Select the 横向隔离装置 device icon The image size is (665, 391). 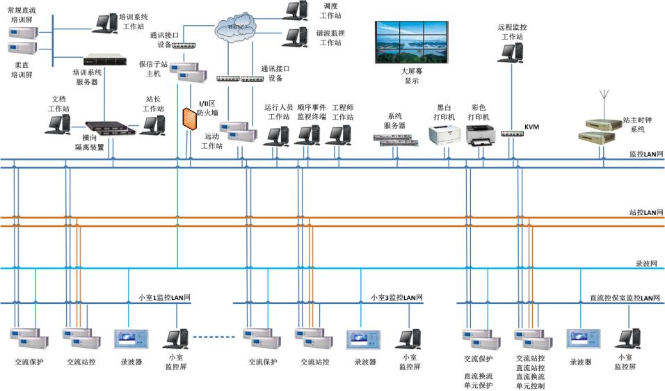(107, 127)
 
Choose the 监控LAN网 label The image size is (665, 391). (643, 154)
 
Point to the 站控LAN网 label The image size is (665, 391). (643, 212)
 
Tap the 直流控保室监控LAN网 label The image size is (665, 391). (623, 298)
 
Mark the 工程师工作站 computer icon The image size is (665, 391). (339, 135)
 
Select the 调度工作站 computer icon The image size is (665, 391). (294, 10)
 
